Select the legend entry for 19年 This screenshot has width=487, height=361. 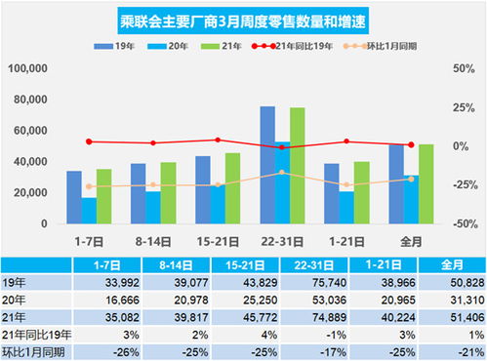pos(116,46)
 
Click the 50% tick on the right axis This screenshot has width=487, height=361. pos(459,68)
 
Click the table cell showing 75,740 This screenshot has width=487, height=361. pos(305,281)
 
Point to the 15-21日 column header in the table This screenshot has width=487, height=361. pos(237,263)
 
